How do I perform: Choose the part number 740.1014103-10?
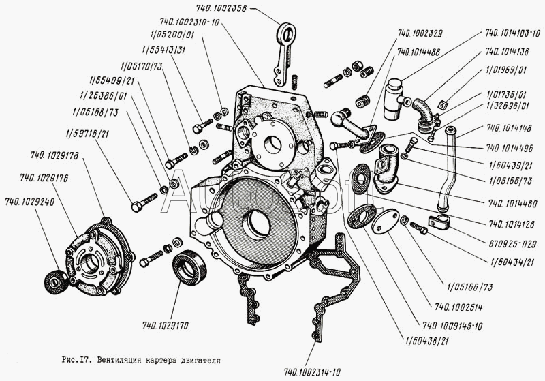(x=512, y=32)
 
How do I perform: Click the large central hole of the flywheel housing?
(x=259, y=222)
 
